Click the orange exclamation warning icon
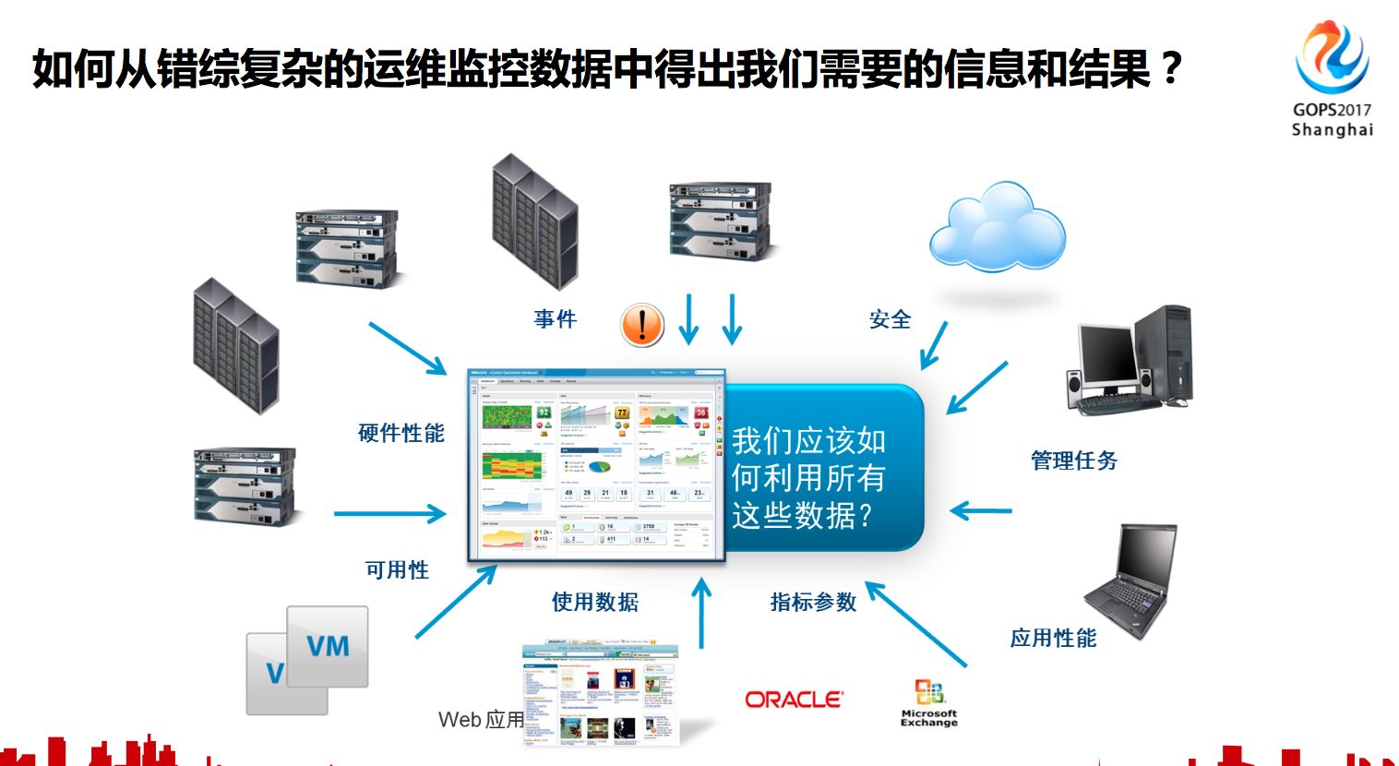[642, 325]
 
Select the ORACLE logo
[794, 700]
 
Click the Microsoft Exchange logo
[929, 703]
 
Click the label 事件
[556, 319]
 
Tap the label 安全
[891, 319]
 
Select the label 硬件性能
[401, 433]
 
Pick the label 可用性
[398, 569]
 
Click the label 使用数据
[595, 602]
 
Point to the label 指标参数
[814, 602]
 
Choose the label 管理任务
[1074, 460]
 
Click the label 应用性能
[1054, 638]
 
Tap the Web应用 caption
[481, 719]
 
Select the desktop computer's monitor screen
[1106, 355]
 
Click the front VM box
[328, 646]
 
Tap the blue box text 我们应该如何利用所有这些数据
[808, 478]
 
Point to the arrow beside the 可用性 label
[389, 514]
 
